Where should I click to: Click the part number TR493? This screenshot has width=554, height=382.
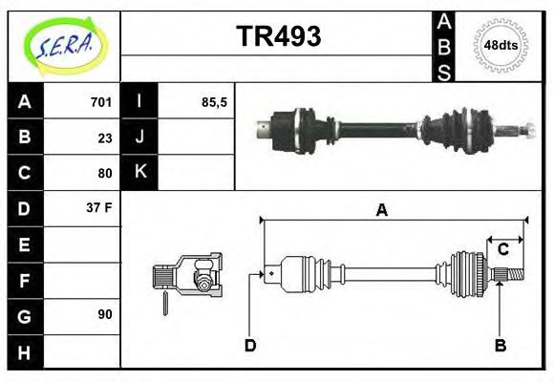278,36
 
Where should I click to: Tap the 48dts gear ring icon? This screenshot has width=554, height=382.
501,45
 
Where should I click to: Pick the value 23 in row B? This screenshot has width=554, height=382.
105,138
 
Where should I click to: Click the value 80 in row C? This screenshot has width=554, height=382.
105,173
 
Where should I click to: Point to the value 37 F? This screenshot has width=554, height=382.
100,207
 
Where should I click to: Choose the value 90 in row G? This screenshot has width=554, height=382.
105,313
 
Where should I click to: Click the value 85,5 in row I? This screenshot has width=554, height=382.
214,102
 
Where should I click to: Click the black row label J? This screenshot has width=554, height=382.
139,137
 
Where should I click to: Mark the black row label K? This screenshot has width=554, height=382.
139,172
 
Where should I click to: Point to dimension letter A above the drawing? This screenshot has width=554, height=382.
382,210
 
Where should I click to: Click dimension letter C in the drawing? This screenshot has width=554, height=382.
502,250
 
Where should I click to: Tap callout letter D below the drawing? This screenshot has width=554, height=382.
250,345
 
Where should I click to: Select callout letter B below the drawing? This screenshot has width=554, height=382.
500,345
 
